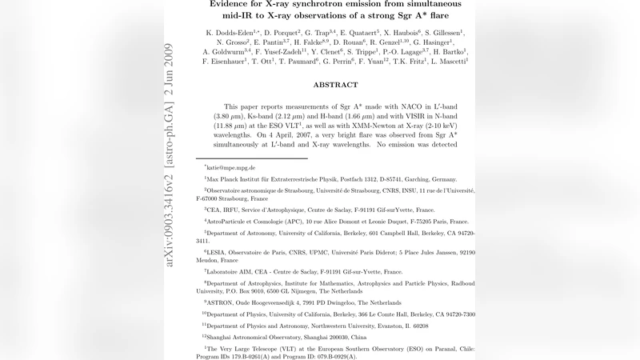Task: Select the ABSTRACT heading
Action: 335,84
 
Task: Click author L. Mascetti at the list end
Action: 445,60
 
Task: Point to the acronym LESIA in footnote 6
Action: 218,251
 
